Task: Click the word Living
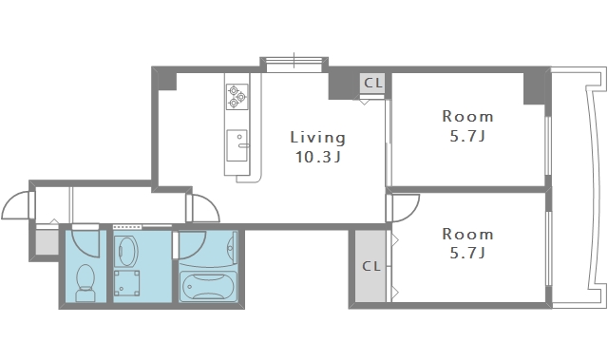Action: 317,138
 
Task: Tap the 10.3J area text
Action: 317,157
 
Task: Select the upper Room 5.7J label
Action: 467,126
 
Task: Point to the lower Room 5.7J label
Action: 467,243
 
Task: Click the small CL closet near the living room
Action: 372,83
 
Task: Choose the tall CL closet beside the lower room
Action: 370,266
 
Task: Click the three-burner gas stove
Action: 237,97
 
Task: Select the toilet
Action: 85,283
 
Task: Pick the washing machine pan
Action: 126,283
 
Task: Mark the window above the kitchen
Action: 294,65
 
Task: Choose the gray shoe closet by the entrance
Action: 47,242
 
